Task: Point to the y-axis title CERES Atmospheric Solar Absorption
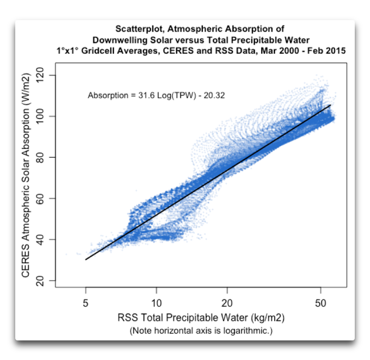[x=26, y=178]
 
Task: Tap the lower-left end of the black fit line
[x=86, y=259]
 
